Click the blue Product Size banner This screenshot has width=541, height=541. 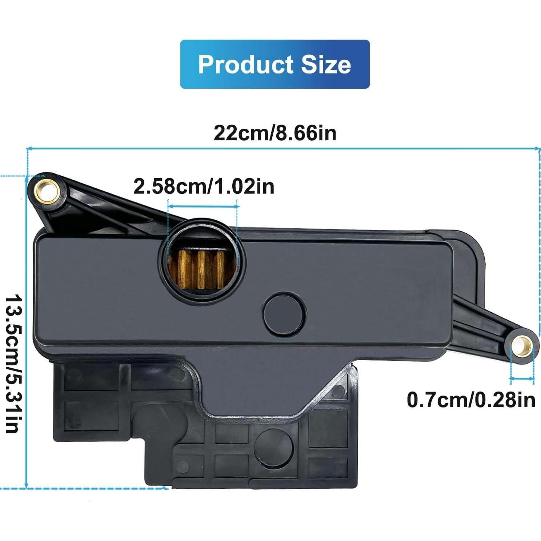click(x=275, y=64)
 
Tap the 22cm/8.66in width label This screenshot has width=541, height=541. click(x=275, y=133)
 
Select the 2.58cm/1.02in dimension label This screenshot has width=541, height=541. click(x=204, y=186)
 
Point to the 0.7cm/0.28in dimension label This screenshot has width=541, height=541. click(x=471, y=400)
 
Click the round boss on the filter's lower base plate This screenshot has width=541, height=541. click(x=274, y=447)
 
